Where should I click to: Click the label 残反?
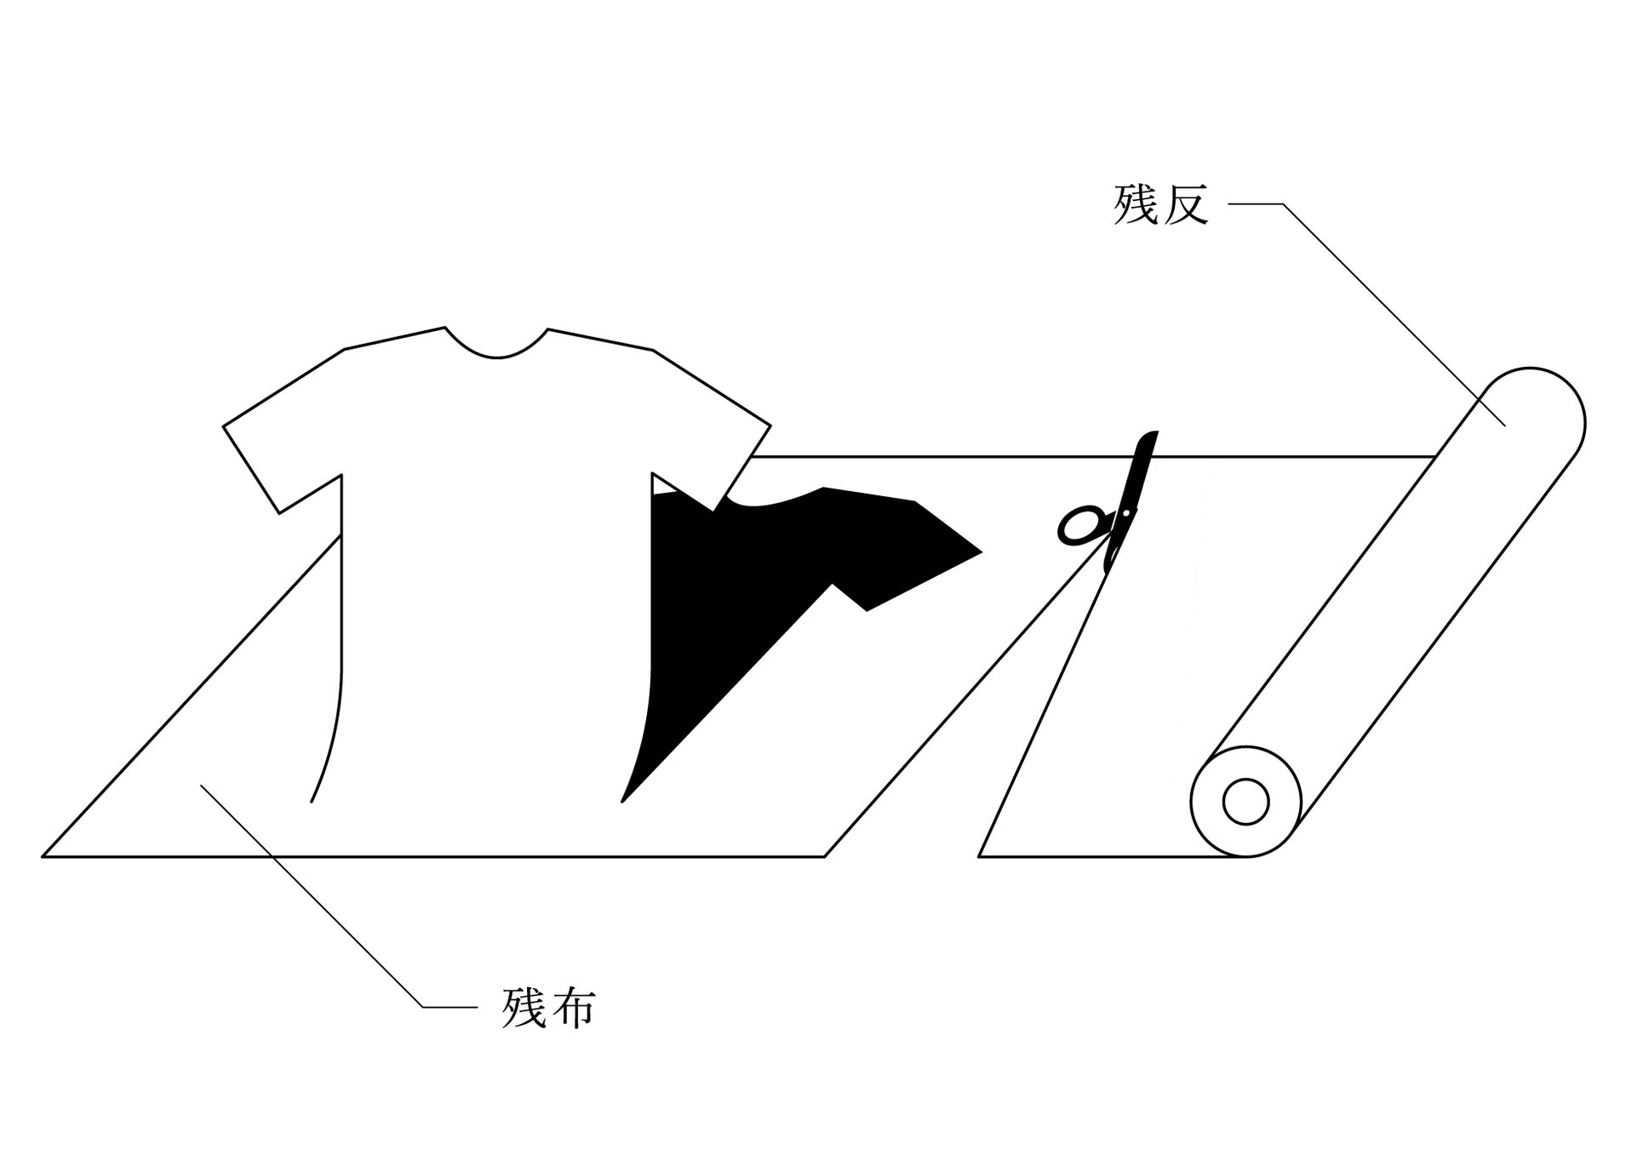(x=1160, y=204)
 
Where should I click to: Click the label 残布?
(x=548, y=1008)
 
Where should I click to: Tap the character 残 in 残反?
(x=1136, y=204)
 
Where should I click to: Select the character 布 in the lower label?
(x=572, y=1008)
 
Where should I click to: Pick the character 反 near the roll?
(x=1185, y=204)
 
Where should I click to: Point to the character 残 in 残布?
(x=524, y=1008)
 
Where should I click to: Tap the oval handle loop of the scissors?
(x=1079, y=525)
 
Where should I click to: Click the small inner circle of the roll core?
(x=1245, y=802)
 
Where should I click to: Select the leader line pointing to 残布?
(x=323, y=902)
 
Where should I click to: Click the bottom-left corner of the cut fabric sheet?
(x=44, y=855)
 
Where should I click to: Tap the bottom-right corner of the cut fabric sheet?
(x=824, y=855)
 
